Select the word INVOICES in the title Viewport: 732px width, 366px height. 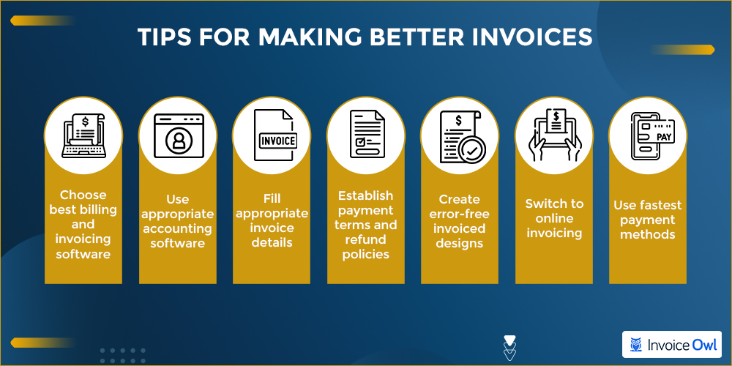tap(532, 38)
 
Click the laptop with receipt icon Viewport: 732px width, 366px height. tap(84, 136)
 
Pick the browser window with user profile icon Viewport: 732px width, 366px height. tap(178, 136)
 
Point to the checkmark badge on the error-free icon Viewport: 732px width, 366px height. tap(472, 150)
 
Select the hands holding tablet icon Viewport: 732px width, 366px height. tap(554, 136)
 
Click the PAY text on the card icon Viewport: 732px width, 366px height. tap(664, 138)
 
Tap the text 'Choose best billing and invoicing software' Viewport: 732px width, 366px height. tap(83, 224)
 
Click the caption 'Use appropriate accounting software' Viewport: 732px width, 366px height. tap(178, 221)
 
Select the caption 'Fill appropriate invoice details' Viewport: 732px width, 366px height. tap(272, 221)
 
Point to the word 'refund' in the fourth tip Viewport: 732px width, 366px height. tap(366, 239)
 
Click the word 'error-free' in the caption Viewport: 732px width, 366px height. tap(460, 214)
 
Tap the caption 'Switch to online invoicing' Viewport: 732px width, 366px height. tap(554, 218)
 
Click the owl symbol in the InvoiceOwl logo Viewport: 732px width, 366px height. tap(635, 345)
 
